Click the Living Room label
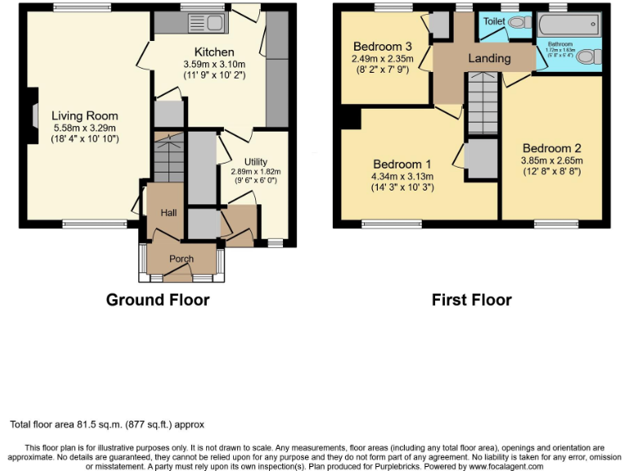click(x=85, y=116)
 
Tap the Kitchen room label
click(x=214, y=52)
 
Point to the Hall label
click(x=168, y=213)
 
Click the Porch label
click(x=181, y=259)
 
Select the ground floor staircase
click(x=168, y=160)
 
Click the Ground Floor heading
click(x=158, y=300)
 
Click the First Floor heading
click(x=472, y=300)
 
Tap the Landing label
click(x=489, y=58)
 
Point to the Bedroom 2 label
click(x=552, y=148)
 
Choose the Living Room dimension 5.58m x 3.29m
click(x=85, y=128)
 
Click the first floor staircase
click(x=482, y=102)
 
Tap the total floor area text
click(x=107, y=424)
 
